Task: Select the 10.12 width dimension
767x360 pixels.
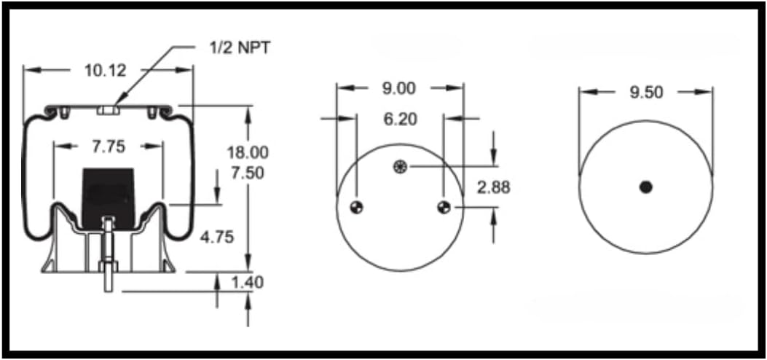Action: point(106,71)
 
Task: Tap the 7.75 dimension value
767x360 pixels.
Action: point(108,146)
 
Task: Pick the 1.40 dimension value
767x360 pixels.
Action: point(248,282)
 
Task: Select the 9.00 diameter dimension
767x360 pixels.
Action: point(398,88)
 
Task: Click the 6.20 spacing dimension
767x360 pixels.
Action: point(400,119)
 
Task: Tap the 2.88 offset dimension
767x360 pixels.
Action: point(493,187)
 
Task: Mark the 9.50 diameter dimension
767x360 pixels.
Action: point(645,93)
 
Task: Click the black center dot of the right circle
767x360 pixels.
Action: point(645,187)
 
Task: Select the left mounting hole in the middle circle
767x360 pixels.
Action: point(356,208)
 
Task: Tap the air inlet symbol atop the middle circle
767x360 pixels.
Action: point(399,167)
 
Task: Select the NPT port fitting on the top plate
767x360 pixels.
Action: point(108,110)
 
